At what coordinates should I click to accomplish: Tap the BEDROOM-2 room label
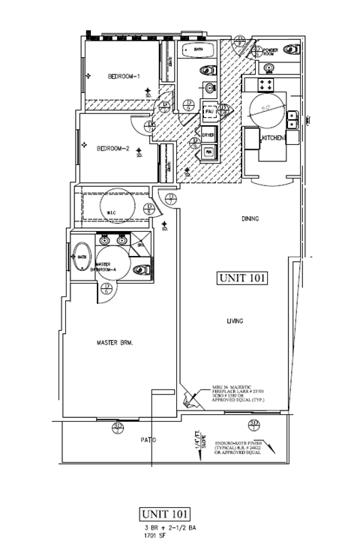[x=114, y=149]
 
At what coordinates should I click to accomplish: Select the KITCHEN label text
[x=270, y=140]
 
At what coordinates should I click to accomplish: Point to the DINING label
[x=250, y=219]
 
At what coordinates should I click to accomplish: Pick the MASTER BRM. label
[x=115, y=343]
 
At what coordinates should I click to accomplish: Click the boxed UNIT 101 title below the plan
[x=165, y=514]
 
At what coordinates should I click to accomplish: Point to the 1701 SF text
[x=154, y=536]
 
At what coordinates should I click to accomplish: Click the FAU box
[x=209, y=112]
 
